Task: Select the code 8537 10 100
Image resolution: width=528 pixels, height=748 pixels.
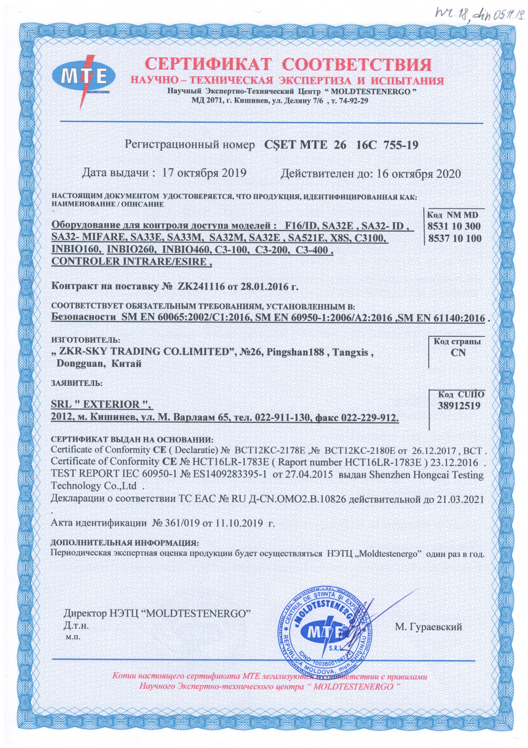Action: coord(455,238)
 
